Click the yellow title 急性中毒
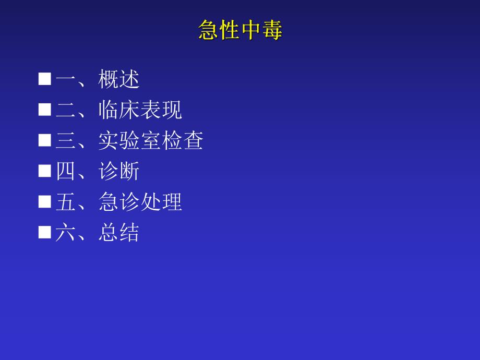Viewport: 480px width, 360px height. [240, 31]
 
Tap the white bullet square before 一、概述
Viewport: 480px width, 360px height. [45, 79]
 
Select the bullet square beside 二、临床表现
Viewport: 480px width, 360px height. [45, 110]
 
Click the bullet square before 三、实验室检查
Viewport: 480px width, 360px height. [45, 140]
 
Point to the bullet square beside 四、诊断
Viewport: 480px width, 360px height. [45, 171]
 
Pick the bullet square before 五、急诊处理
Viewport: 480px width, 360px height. [45, 201]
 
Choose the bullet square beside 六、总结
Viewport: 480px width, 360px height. [45, 232]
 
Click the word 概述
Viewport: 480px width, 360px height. [119, 79]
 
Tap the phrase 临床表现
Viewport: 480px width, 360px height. [140, 110]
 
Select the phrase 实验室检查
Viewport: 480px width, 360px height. [151, 141]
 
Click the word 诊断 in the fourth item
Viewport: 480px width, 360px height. [119, 171]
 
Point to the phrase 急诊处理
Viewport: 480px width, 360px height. [140, 202]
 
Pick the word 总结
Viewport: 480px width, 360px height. [119, 233]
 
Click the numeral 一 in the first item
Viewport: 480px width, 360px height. [66, 80]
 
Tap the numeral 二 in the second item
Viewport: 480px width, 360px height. [66, 110]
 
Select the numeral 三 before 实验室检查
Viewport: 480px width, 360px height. [66, 141]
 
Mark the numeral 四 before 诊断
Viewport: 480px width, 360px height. [66, 171]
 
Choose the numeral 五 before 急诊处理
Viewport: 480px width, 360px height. [66, 202]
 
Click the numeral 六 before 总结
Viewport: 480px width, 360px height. [66, 233]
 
